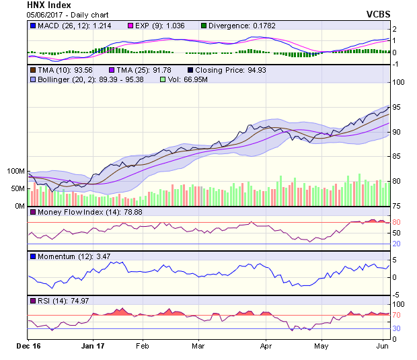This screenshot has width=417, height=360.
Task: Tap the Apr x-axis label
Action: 266,347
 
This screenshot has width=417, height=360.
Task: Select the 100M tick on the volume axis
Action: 15,172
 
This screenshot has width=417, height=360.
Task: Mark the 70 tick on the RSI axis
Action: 397,315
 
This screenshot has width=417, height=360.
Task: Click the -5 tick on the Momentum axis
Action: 397,294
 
